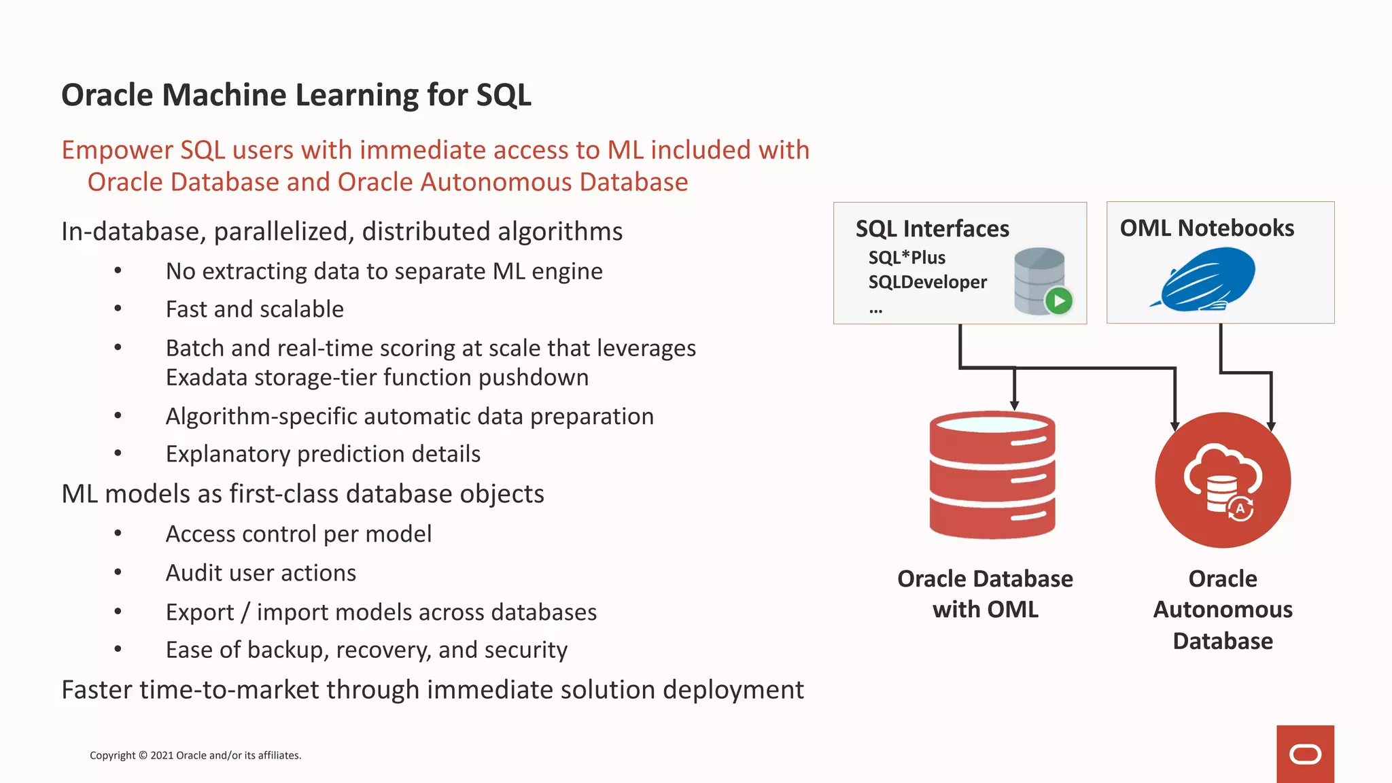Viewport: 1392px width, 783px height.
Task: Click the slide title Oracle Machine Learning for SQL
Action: click(x=296, y=95)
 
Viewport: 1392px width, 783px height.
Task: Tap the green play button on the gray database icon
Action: click(x=1058, y=300)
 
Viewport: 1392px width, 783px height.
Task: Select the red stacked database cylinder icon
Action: click(x=992, y=475)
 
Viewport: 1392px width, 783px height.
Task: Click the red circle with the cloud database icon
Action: click(x=1223, y=480)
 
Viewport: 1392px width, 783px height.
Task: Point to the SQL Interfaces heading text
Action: click(x=932, y=229)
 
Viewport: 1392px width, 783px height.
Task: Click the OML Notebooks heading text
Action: click(x=1206, y=228)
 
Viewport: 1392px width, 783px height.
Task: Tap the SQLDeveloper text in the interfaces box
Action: click(x=927, y=282)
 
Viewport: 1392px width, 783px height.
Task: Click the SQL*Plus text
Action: click(x=907, y=258)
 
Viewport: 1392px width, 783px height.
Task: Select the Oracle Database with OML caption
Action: click(x=985, y=594)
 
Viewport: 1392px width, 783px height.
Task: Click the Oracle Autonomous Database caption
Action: click(x=1223, y=610)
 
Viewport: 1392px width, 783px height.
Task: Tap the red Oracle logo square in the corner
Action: click(x=1305, y=754)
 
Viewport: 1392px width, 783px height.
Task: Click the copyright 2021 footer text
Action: click(x=195, y=755)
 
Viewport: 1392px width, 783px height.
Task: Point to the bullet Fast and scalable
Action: click(x=255, y=309)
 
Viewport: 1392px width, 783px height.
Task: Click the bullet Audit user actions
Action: click(x=261, y=573)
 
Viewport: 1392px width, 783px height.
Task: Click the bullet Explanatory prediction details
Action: click(x=323, y=454)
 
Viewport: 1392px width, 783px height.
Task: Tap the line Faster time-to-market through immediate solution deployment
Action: click(x=432, y=690)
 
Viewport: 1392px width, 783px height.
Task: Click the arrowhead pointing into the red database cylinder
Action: click(x=1014, y=405)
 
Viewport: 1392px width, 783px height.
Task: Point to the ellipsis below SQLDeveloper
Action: click(x=875, y=311)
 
